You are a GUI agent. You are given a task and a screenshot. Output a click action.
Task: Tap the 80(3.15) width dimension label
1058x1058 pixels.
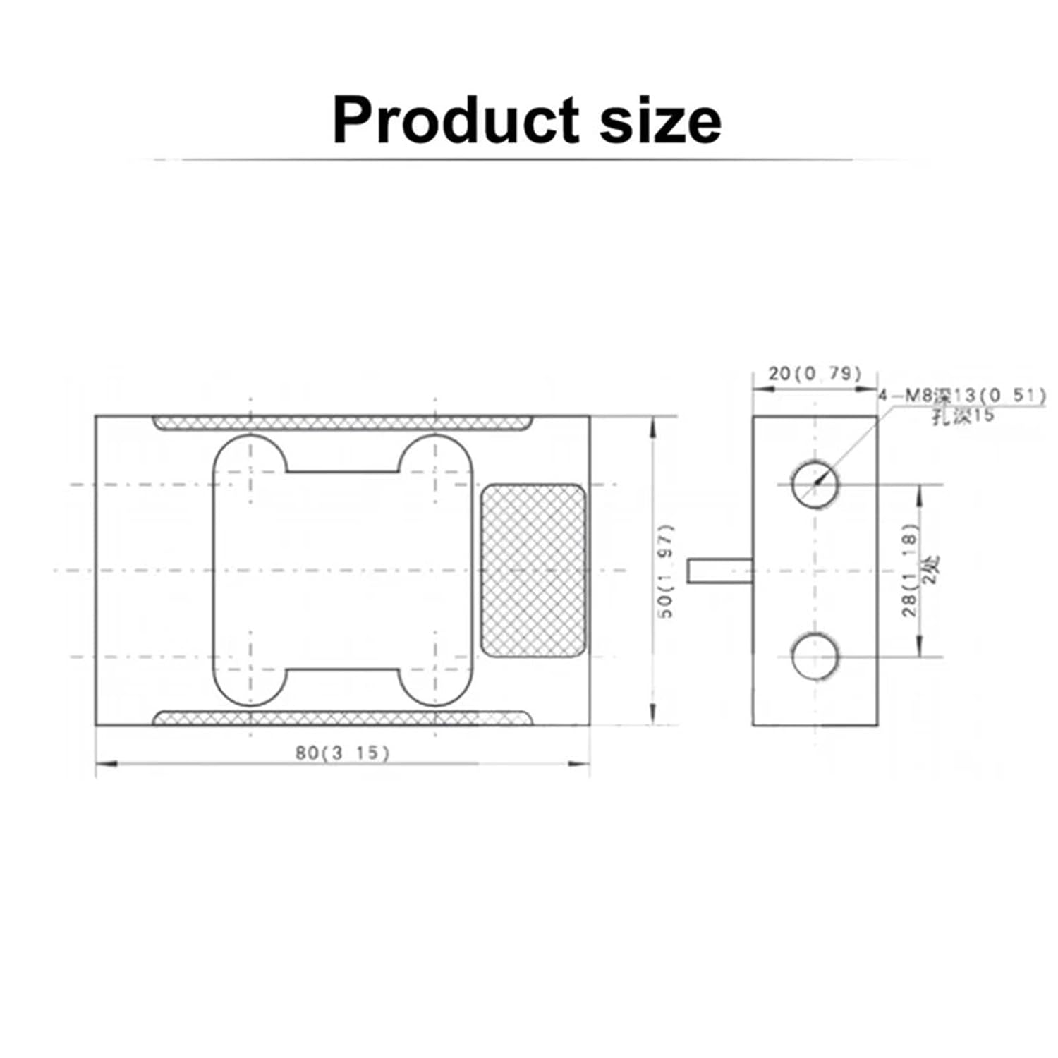click(x=342, y=753)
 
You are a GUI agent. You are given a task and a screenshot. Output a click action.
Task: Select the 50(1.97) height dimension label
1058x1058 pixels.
click(x=667, y=571)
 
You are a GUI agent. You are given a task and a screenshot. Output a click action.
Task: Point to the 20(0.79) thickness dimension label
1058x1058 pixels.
click(x=815, y=373)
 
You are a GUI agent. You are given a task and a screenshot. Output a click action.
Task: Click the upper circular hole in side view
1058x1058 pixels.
click(x=815, y=485)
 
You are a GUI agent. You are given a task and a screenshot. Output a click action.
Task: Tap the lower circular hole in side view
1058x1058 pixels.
click(x=815, y=657)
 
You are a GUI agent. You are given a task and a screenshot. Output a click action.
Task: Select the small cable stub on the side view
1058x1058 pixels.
click(x=719, y=570)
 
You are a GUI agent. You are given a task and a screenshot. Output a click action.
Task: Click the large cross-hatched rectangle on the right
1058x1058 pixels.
click(x=533, y=571)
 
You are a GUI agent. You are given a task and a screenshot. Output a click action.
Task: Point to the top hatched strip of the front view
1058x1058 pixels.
click(x=342, y=423)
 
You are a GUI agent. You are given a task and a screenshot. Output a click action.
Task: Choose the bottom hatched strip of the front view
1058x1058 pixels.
click(x=342, y=719)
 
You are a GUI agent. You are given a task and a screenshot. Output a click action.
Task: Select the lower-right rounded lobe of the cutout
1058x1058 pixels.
click(x=436, y=686)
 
